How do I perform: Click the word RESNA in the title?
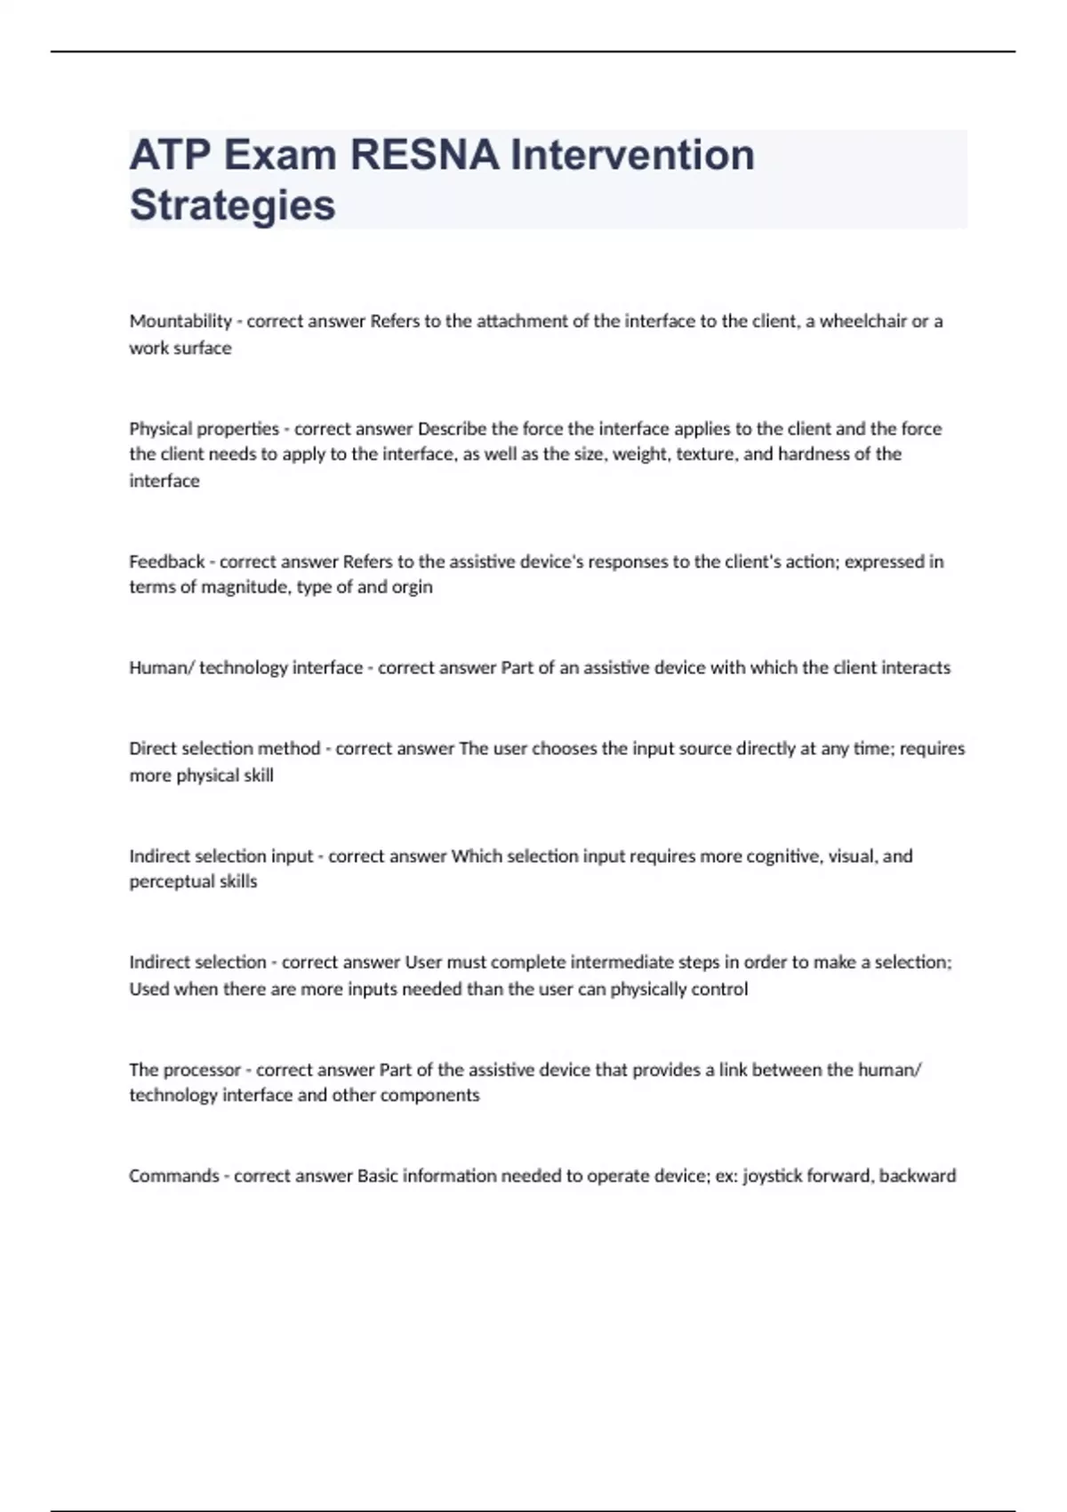click(x=424, y=155)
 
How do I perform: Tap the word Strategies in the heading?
click(x=232, y=205)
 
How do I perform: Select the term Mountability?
click(x=181, y=321)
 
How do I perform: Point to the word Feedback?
click(x=167, y=561)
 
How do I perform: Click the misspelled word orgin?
click(x=413, y=587)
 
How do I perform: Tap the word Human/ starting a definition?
click(x=161, y=668)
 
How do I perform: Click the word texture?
click(x=705, y=454)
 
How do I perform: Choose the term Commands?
click(x=174, y=1176)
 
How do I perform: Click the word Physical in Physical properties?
click(x=160, y=429)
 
